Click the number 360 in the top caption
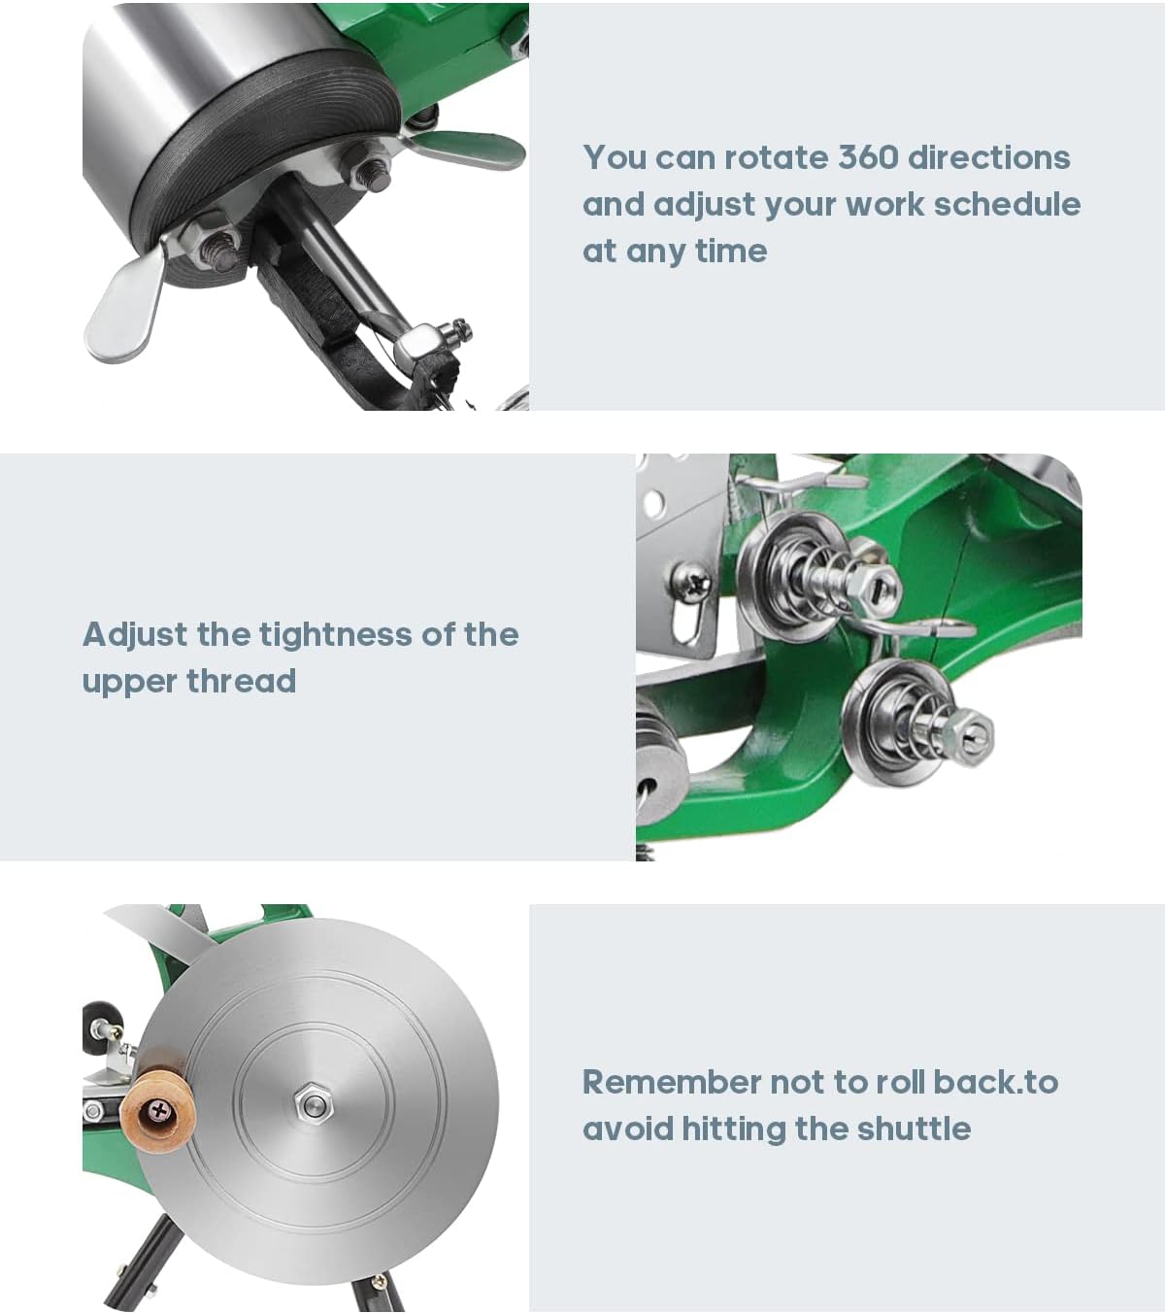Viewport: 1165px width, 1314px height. pos(868,157)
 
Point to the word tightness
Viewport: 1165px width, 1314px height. pos(336,634)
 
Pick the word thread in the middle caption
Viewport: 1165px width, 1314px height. pos(241,681)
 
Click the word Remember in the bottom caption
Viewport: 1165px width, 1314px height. pos(671,1082)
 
